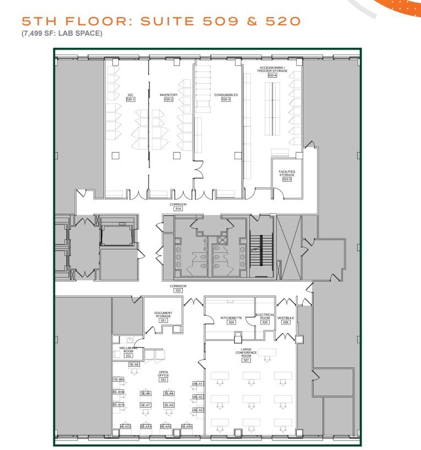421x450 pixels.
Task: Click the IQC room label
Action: pos(130,95)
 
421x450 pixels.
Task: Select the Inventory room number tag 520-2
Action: pos(168,100)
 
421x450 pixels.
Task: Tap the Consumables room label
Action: pos(226,95)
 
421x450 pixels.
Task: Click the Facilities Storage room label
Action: pos(287,173)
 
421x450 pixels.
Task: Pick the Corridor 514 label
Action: pos(178,204)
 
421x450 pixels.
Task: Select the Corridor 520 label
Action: pos(178,286)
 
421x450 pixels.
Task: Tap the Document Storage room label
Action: pos(163,315)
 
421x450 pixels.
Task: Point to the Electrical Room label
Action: pos(265,316)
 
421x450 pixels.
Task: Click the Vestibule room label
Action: pos(286,318)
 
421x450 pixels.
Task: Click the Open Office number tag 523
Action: pos(163,379)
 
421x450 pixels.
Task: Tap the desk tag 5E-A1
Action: pos(198,384)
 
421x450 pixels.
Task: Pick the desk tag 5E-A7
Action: pos(145,405)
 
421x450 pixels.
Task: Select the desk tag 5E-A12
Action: pos(125,426)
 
